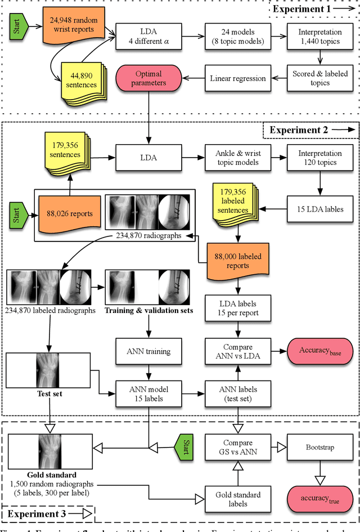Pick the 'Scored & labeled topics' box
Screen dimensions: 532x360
pyautogui.click(x=320, y=78)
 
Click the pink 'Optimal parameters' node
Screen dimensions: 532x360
pyautogui.click(x=148, y=78)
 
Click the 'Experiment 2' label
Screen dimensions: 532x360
pyautogui.click(x=308, y=130)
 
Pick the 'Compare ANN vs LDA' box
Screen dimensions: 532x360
pyautogui.click(x=237, y=351)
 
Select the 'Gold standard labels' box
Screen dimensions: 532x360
pyautogui.click(x=237, y=499)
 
